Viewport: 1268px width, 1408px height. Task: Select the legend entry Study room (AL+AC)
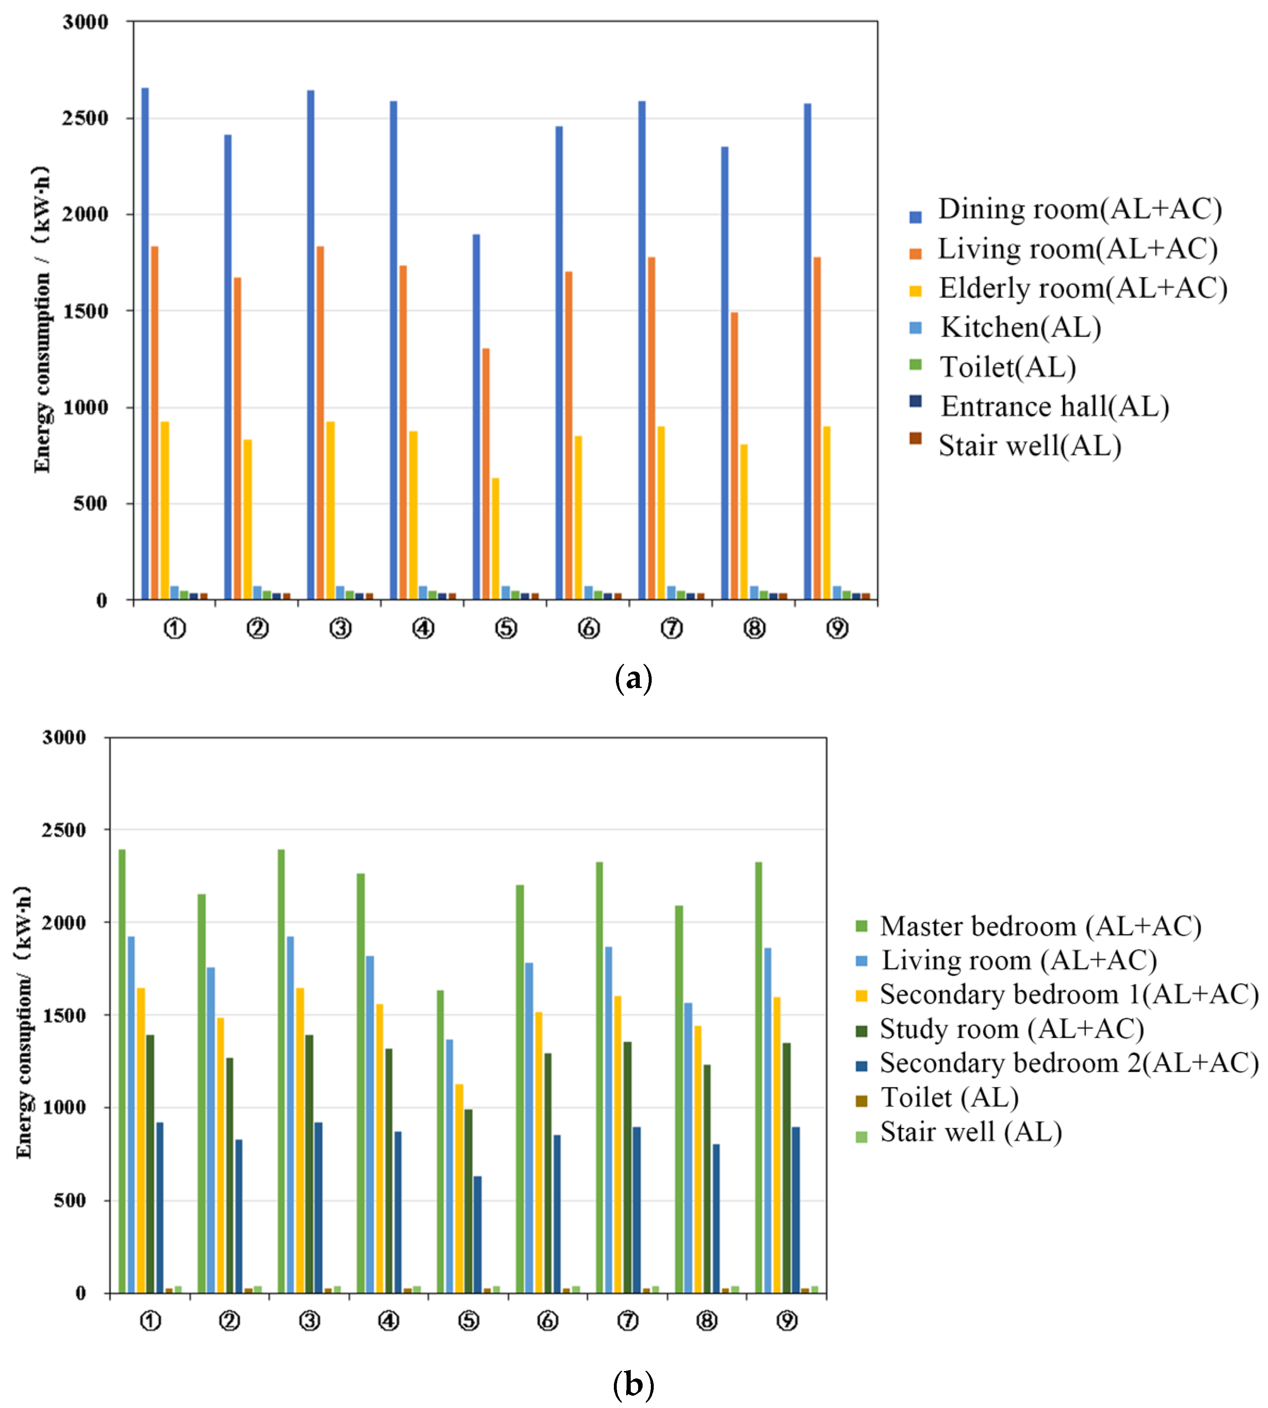pos(1012,1029)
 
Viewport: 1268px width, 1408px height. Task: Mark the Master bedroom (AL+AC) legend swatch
pos(861,927)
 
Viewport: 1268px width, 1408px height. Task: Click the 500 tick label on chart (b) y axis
pos(70,1200)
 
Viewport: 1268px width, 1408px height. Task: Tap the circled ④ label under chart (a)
pos(423,628)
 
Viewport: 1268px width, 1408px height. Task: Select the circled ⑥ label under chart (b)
pos(548,1320)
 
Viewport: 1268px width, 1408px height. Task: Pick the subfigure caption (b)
pos(633,1384)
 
